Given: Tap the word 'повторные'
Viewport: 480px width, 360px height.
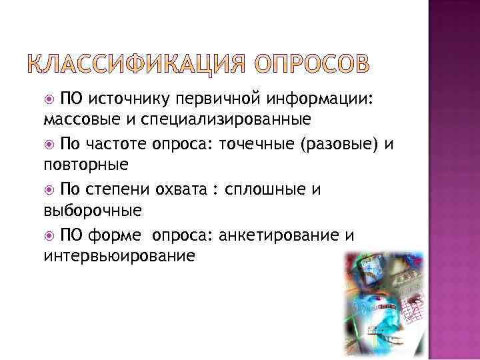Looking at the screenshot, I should click(x=78, y=165).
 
